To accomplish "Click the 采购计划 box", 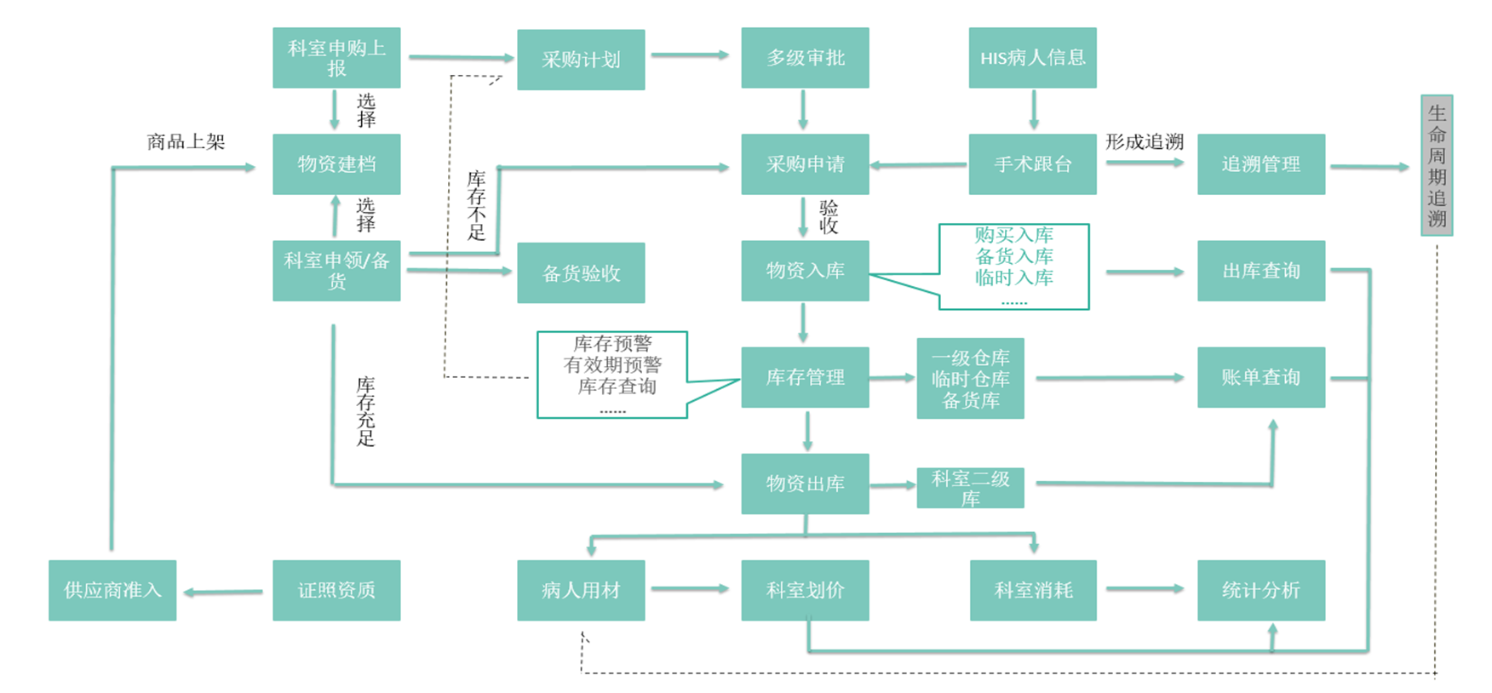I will tap(581, 60).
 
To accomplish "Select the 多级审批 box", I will tap(805, 58).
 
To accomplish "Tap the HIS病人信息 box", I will tap(1032, 58).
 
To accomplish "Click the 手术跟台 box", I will tap(1032, 164).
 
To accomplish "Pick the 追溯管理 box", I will tap(1260, 164).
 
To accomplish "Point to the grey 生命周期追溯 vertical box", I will tap(1437, 165).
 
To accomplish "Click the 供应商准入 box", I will tap(112, 590).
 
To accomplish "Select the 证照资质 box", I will tap(336, 590).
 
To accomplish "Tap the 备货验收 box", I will tap(581, 273).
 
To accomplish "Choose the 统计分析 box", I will tap(1260, 590).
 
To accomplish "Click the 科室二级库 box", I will tap(970, 488).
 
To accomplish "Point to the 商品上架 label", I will tap(186, 141).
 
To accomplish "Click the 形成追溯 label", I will tap(1145, 141).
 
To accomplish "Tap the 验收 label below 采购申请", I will tap(829, 216).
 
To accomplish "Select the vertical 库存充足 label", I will tap(365, 411).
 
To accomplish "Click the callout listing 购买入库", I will tap(1013, 266).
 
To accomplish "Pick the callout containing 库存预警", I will tap(612, 375).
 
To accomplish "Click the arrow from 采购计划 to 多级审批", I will tap(691, 55).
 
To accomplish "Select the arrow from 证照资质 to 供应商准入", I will tap(224, 592).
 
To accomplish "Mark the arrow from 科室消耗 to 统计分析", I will tap(1145, 588).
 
